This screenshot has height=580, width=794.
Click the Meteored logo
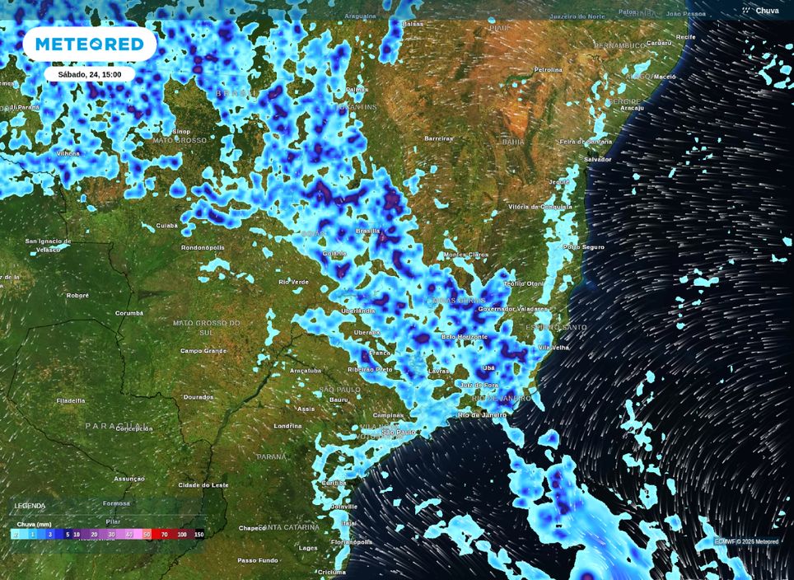tap(89, 44)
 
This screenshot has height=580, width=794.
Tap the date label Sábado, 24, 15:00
tap(89, 74)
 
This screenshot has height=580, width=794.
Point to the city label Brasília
tap(367, 232)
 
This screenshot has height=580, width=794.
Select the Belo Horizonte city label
tap(465, 336)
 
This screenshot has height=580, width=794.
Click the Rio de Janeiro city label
tap(482, 414)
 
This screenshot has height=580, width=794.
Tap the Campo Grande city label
tap(203, 351)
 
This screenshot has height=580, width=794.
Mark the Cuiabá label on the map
tap(167, 225)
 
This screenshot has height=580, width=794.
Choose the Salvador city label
tap(598, 159)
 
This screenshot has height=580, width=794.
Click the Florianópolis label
tap(352, 542)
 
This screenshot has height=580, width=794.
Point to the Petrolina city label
tap(548, 70)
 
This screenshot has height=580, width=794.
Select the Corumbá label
tap(128, 313)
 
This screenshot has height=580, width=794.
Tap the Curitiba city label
tap(334, 483)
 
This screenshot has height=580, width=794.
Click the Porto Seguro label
tap(583, 246)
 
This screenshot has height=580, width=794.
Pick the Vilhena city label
tap(68, 153)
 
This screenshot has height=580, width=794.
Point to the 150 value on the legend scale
tap(198, 535)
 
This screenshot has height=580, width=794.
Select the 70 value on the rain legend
tap(164, 535)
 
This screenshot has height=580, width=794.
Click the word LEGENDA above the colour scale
tap(30, 506)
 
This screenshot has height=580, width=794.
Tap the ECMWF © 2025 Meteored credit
tap(746, 541)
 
